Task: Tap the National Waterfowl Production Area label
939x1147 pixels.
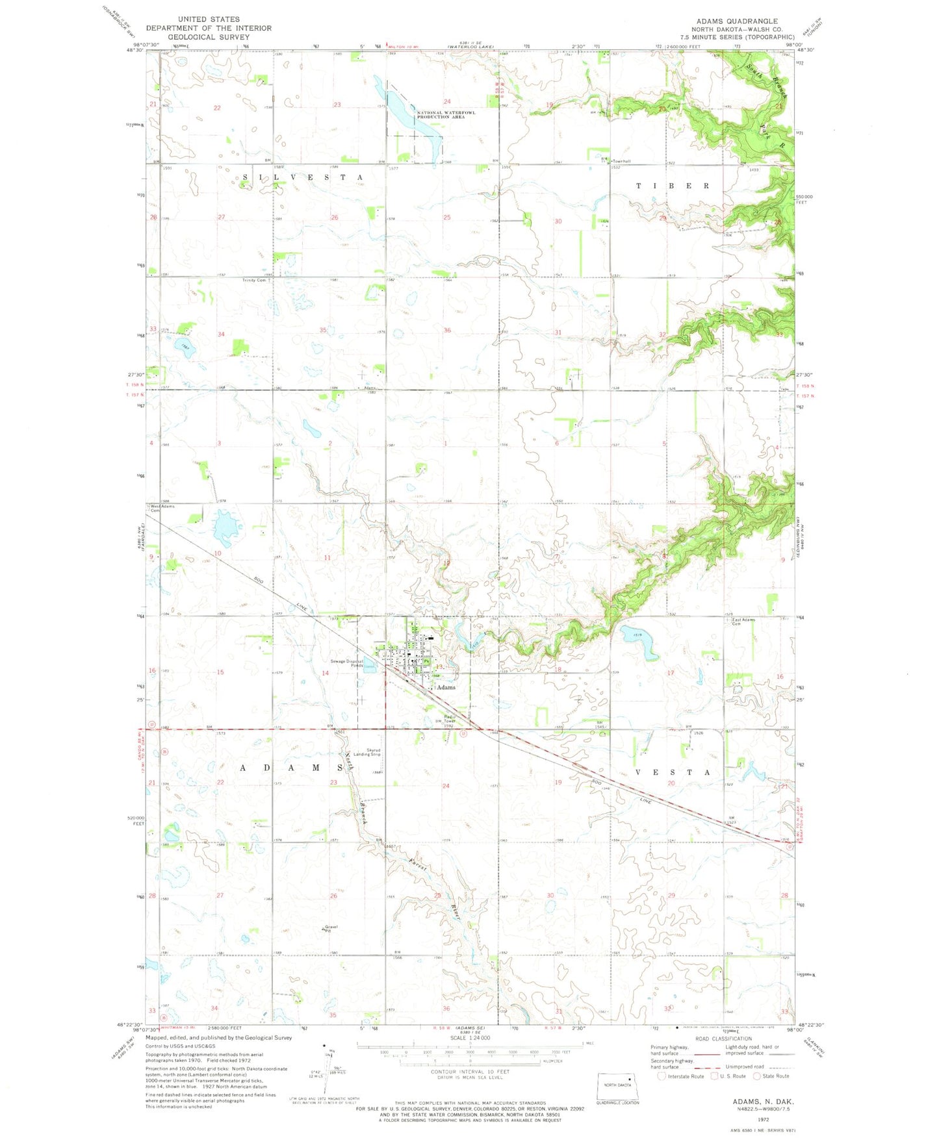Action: coord(446,114)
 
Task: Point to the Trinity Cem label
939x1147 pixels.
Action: coord(254,280)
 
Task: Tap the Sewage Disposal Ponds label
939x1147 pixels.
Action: coord(347,663)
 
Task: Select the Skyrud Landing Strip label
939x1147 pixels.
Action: coord(367,752)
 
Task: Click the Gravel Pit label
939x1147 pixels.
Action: coord(331,928)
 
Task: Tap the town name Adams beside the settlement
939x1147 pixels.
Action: coord(446,687)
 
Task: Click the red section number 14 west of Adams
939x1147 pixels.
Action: coord(325,673)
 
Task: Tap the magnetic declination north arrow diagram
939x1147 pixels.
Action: coord(325,1065)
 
